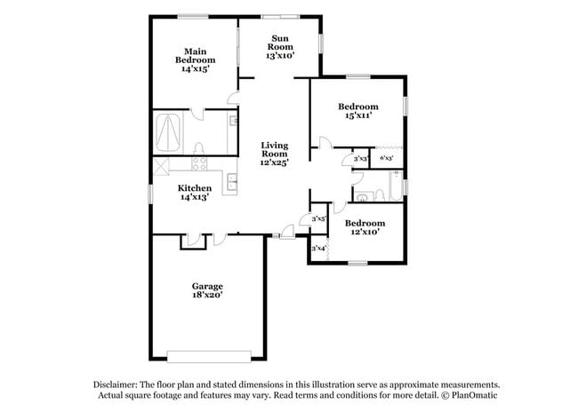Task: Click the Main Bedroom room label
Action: [196, 56]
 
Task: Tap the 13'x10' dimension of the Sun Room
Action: [280, 56]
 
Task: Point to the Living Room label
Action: [275, 149]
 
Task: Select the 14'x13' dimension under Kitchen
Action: [195, 197]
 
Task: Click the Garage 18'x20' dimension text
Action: [207, 295]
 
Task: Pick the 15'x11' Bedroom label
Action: [358, 107]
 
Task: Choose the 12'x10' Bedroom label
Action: [365, 223]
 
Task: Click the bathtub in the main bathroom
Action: [168, 133]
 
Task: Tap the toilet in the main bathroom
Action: [198, 148]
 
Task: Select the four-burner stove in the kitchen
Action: [199, 163]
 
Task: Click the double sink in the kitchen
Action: [232, 182]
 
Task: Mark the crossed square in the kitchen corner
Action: [161, 166]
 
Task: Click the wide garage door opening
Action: [209, 357]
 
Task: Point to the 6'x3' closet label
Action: [386, 158]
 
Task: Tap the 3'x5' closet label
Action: [319, 218]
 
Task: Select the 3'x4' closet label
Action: [319, 248]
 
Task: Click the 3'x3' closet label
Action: [361, 159]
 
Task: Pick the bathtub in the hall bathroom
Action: [396, 186]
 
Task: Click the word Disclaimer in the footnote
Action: [116, 384]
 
